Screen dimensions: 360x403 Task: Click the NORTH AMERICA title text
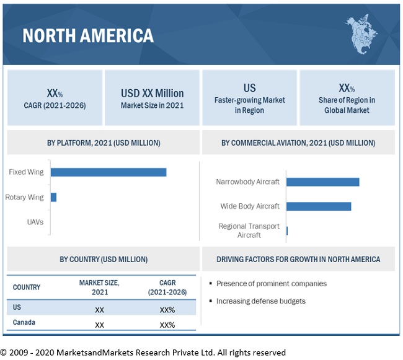88,36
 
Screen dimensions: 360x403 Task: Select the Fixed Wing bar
108,172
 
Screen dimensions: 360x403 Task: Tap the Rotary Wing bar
53,197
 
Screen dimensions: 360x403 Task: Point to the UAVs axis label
35,222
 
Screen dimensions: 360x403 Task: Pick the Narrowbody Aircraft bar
323,182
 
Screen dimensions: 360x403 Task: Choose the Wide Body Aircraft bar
319,206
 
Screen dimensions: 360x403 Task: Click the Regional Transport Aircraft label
249,230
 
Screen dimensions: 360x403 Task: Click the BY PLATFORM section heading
104,143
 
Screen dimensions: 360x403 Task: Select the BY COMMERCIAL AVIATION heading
298,143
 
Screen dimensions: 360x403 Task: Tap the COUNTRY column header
27,288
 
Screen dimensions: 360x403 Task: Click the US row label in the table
17,307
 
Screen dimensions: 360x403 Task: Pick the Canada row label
24,323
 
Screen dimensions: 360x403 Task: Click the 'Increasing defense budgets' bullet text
261,301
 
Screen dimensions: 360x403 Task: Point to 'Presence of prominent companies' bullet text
272,284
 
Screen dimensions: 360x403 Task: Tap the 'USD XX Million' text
152,94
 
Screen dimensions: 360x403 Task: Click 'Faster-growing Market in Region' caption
249,105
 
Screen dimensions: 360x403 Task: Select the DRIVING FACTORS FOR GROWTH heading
298,259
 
